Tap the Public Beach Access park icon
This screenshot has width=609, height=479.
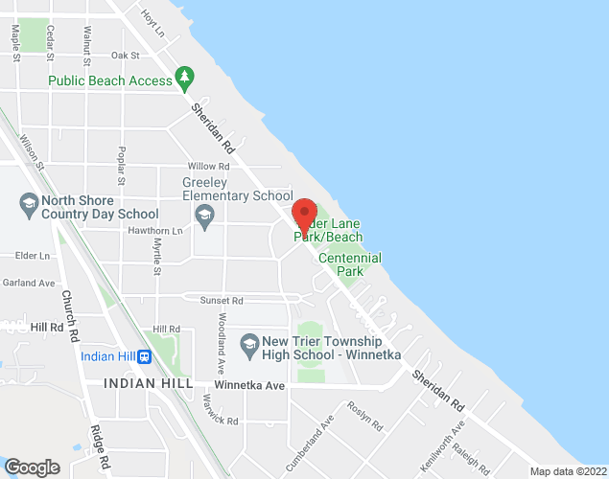(185, 77)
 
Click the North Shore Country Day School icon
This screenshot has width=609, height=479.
(28, 204)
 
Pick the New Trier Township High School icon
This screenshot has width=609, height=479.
(249, 343)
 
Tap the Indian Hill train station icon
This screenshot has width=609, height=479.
(145, 357)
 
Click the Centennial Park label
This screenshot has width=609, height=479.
(349, 264)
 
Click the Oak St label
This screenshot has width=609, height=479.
(125, 57)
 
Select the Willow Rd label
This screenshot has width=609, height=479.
(209, 166)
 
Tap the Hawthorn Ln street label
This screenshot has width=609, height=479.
(154, 231)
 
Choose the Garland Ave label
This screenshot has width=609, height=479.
(28, 283)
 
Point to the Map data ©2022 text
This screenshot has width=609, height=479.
(568, 471)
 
